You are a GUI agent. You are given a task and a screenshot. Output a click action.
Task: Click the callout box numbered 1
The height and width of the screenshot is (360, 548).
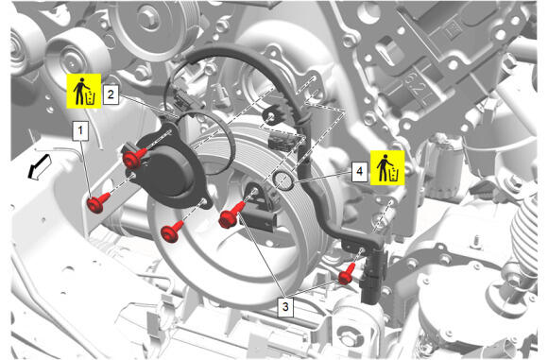(x=80, y=130)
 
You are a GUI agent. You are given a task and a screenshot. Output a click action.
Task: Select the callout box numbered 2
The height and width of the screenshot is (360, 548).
(x=111, y=94)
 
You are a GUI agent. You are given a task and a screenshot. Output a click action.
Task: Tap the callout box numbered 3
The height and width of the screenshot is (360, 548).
(x=285, y=307)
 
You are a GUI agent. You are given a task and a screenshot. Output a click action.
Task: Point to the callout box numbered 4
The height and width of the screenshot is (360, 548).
(x=360, y=171)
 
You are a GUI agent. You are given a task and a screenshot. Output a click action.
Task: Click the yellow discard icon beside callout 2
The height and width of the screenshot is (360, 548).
(x=84, y=91)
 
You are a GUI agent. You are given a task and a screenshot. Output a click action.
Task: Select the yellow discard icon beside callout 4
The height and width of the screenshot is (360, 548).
(x=387, y=168)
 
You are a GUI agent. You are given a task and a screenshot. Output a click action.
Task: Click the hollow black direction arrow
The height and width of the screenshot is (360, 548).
(x=39, y=168)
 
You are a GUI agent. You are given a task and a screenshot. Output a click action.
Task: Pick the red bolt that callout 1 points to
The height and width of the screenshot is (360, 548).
(x=98, y=202)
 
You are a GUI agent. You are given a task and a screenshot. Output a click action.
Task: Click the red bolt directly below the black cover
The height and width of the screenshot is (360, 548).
(x=171, y=231)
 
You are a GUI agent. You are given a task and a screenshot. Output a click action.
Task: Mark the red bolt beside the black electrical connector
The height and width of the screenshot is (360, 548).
(x=347, y=274)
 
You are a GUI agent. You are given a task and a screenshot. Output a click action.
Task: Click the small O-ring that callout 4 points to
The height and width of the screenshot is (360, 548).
(x=283, y=181)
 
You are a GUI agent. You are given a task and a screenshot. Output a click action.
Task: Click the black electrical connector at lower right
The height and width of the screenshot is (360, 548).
(x=373, y=276)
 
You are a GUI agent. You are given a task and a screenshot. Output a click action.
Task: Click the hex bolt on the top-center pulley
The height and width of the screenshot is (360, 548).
(x=149, y=17)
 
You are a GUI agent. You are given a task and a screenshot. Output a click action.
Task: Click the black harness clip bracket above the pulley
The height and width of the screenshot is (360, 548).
(x=273, y=114)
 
